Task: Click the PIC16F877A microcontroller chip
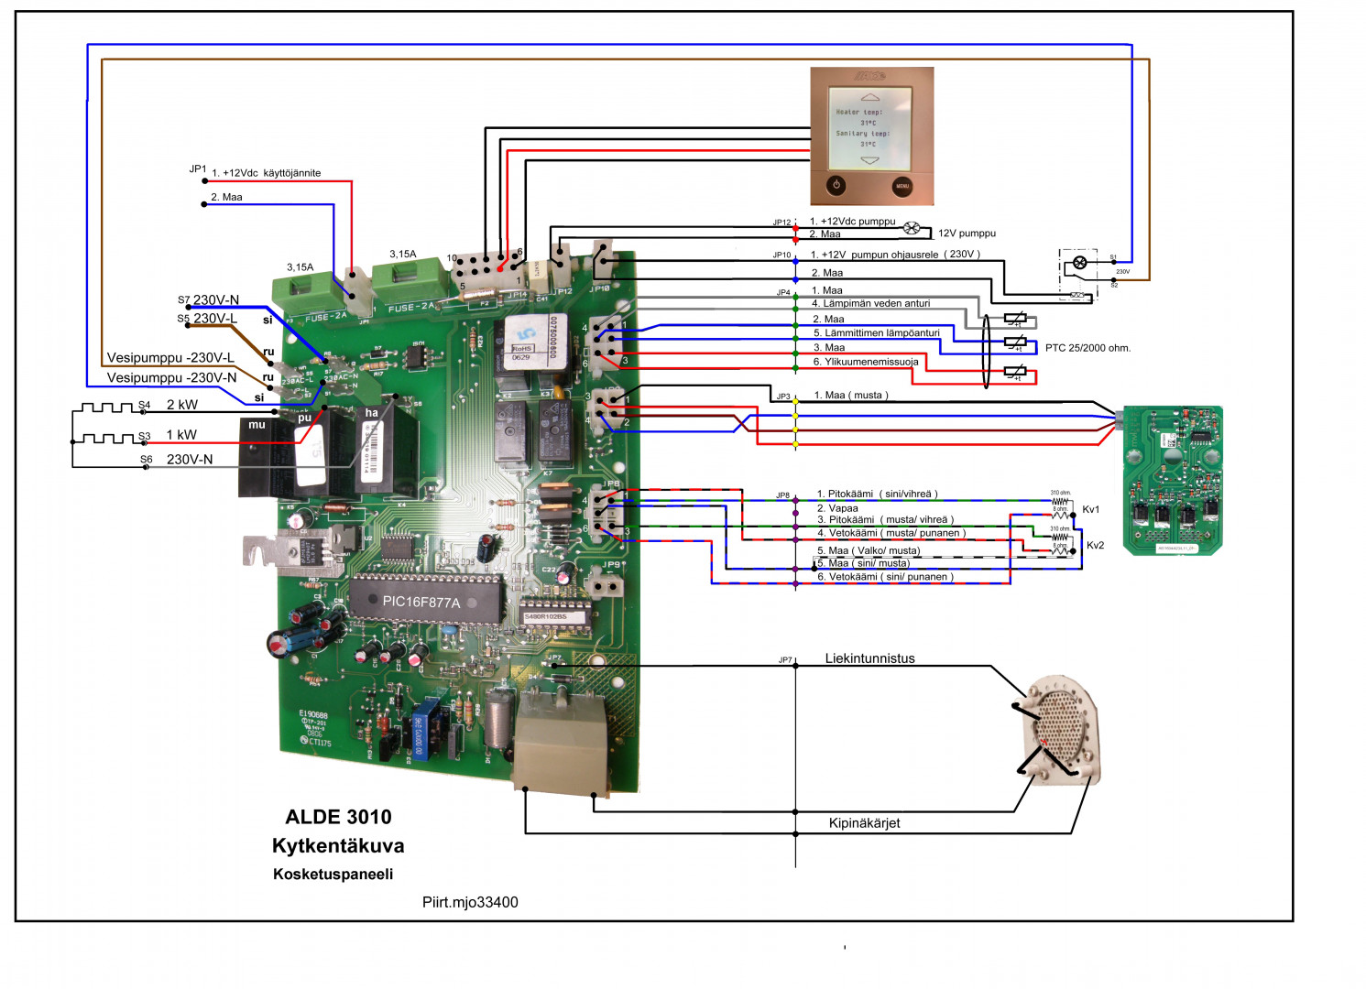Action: pyautogui.click(x=424, y=601)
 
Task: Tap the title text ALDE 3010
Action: pyautogui.click(x=338, y=817)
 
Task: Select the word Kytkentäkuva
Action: pyautogui.click(x=338, y=846)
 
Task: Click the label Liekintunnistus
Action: pyautogui.click(x=869, y=658)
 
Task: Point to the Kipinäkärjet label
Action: pyautogui.click(x=864, y=823)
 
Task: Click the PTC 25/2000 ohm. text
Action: pyautogui.click(x=1087, y=348)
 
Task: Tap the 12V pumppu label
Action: pyautogui.click(x=967, y=234)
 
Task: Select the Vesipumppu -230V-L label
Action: pyautogui.click(x=170, y=358)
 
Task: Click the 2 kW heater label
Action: pyautogui.click(x=181, y=405)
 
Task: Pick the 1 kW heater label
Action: pyautogui.click(x=181, y=435)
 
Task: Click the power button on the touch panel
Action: pyautogui.click(x=836, y=185)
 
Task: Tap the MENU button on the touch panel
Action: pyautogui.click(x=902, y=186)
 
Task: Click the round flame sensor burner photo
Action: pyautogui.click(x=1061, y=729)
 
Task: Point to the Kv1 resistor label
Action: pyautogui.click(x=1090, y=510)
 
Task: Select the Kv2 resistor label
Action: pyautogui.click(x=1095, y=546)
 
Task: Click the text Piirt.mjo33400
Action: pyautogui.click(x=470, y=902)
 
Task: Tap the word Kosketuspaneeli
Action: pyautogui.click(x=333, y=875)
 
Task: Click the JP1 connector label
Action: pyautogui.click(x=198, y=169)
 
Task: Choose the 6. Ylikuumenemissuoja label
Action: pyautogui.click(x=866, y=362)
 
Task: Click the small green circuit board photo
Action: pyautogui.click(x=1173, y=481)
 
